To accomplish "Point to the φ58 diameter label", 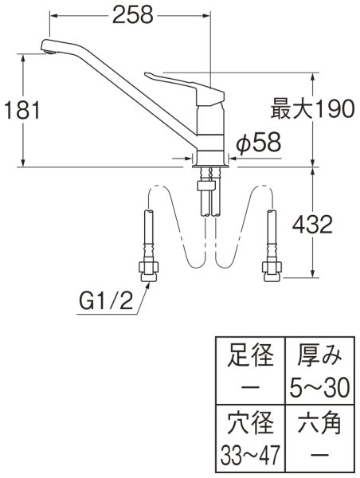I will pyautogui.click(x=259, y=143).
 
